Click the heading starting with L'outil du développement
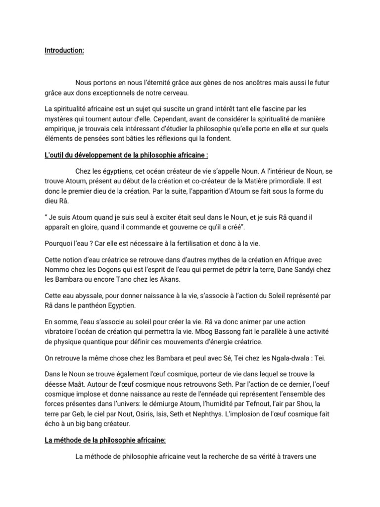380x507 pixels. tap(126, 155)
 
